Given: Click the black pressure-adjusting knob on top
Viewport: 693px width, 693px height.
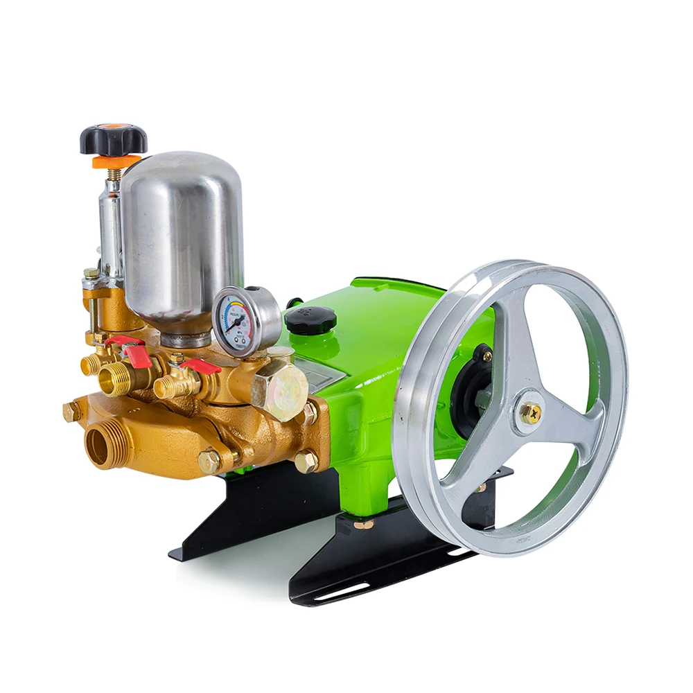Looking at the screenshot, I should [x=113, y=139].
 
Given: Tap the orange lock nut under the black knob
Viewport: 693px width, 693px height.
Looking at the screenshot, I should [x=108, y=161].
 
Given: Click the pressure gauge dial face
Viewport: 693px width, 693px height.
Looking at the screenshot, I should [x=237, y=321].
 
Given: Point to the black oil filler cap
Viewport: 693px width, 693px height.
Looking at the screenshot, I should [x=310, y=319].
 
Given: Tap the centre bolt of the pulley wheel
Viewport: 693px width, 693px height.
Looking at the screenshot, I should [x=530, y=413].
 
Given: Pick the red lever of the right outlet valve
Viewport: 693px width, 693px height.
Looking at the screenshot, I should [x=201, y=365].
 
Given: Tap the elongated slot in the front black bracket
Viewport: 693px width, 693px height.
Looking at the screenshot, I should [x=344, y=591].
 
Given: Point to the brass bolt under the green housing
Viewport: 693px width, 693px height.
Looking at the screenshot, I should [x=362, y=525].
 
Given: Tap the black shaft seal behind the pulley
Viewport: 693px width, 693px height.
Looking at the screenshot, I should [x=471, y=395].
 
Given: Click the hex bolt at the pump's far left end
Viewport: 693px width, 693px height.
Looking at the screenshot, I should [x=71, y=411].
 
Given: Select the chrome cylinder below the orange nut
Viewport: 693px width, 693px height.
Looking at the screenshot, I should [x=111, y=222].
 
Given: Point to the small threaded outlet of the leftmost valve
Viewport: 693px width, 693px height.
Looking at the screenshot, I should [x=89, y=365].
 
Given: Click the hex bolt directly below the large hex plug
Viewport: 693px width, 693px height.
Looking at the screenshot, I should [x=306, y=461].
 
